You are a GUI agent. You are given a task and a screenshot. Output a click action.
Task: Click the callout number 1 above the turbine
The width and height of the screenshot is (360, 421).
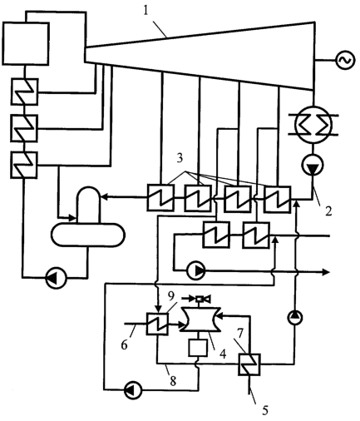[145, 12]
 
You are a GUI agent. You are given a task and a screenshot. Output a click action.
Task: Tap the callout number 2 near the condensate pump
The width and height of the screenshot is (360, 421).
[328, 211]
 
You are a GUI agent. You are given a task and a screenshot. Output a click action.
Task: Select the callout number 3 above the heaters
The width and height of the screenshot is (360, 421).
[180, 158]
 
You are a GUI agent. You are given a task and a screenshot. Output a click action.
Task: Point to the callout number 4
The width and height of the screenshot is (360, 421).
[223, 354]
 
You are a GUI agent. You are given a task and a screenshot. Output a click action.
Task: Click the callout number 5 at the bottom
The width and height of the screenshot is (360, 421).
[265, 410]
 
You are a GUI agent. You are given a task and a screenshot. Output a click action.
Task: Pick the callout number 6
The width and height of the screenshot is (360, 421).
[124, 345]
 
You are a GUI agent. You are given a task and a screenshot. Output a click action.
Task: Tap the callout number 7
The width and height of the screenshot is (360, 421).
[240, 334]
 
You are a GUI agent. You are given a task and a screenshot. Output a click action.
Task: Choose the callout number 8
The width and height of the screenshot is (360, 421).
[173, 381]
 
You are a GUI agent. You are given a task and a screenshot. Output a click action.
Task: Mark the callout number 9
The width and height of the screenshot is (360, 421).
[171, 296]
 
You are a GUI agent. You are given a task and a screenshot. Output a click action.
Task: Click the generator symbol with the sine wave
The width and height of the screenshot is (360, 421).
[345, 60]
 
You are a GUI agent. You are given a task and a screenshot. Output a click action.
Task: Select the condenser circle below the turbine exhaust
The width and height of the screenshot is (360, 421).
[313, 124]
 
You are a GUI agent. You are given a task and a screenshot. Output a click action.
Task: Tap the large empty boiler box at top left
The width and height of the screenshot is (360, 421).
[26, 43]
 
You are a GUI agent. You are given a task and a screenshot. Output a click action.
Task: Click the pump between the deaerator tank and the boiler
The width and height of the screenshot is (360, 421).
[56, 277]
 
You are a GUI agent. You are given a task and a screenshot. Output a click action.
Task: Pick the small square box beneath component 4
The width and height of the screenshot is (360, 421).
[198, 348]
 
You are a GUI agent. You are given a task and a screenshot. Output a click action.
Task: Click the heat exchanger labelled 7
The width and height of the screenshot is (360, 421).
[249, 364]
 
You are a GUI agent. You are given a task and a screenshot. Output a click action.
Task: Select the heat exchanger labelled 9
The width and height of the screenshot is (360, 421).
[157, 324]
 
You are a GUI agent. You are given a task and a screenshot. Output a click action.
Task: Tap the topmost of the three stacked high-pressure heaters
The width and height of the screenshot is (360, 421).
[24, 92]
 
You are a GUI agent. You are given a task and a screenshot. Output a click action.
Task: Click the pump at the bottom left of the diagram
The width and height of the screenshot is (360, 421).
[132, 390]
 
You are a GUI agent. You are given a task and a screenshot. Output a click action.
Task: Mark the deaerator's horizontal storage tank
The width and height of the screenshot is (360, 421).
[88, 235]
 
